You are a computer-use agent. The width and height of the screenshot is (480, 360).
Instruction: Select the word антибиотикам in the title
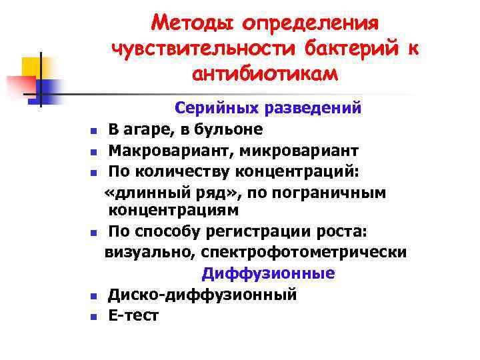point(265,73)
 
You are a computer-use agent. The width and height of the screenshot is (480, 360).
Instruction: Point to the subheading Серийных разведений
point(268,107)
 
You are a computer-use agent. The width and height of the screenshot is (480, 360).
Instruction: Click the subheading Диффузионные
point(268,274)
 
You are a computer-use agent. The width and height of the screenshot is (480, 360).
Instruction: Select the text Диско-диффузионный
point(203,294)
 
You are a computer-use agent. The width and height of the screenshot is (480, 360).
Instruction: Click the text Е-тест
point(133,315)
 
